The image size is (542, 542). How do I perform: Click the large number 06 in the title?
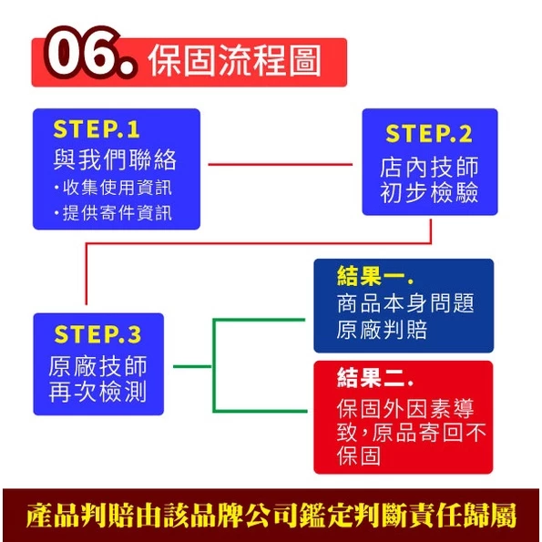(90, 52)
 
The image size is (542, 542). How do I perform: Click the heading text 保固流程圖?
(234, 61)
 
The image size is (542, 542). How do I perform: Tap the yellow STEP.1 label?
(97, 129)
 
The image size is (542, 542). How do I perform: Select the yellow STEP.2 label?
(429, 134)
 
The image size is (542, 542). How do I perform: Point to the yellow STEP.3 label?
(97, 334)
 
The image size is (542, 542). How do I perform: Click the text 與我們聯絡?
(115, 159)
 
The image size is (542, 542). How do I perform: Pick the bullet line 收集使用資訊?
(113, 188)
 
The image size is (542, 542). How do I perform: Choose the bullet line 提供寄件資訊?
(113, 212)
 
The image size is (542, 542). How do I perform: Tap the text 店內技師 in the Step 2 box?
(429, 168)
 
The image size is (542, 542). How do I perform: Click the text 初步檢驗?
(429, 192)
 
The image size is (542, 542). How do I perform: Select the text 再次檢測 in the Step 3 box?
(97, 392)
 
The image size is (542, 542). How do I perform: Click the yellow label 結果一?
(375, 276)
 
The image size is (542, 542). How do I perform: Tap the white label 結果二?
(375, 377)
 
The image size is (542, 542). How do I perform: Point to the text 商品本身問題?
(405, 303)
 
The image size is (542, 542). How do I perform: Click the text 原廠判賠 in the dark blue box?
(382, 330)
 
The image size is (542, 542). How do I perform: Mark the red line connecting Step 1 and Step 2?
(280, 165)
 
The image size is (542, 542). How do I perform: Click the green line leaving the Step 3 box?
(192, 366)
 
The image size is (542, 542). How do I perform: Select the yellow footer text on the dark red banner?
(271, 516)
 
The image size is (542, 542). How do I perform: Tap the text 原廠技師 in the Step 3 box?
(97, 366)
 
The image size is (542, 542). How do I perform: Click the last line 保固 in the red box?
(359, 456)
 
